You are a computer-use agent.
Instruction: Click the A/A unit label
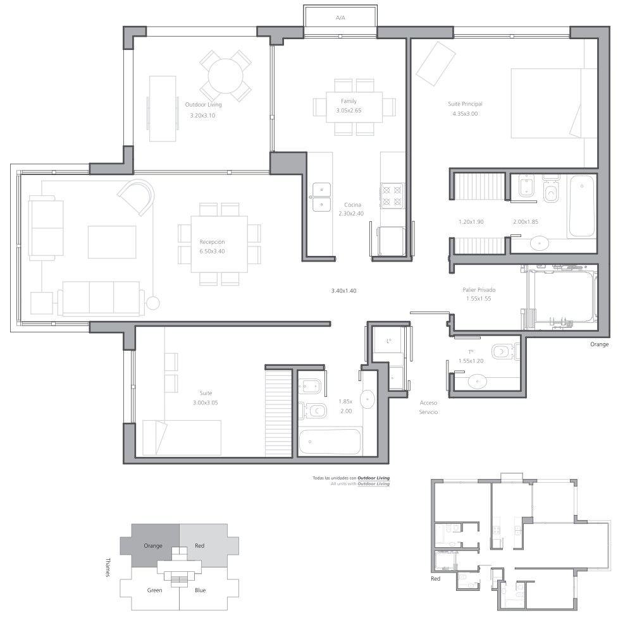coord(340,18)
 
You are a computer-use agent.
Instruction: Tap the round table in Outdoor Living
coord(225,76)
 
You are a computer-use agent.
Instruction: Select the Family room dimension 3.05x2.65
coord(349,111)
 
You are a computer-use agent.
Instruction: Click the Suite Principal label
coord(465,104)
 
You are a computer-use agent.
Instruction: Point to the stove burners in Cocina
coord(392,195)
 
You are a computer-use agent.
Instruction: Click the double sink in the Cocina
coord(321,197)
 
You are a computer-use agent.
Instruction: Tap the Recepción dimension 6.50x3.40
coord(212,251)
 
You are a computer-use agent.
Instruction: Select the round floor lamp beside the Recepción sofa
coord(152,303)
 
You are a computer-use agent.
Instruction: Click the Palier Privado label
coord(479,290)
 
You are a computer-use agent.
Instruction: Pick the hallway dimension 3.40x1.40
coord(343,291)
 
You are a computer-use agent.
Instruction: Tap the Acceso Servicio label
coord(428,408)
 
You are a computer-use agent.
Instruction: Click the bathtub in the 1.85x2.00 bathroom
coord(330,442)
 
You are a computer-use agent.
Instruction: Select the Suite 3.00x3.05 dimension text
coord(206,403)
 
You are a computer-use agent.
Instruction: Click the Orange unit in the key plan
coord(152,546)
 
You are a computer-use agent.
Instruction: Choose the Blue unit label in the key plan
coord(200,590)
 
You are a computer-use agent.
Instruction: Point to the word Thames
coord(108,567)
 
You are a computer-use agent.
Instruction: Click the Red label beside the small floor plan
coord(436,579)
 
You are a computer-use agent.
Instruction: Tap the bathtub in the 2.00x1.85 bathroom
coord(582,206)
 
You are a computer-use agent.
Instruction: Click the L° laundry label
coord(388,341)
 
